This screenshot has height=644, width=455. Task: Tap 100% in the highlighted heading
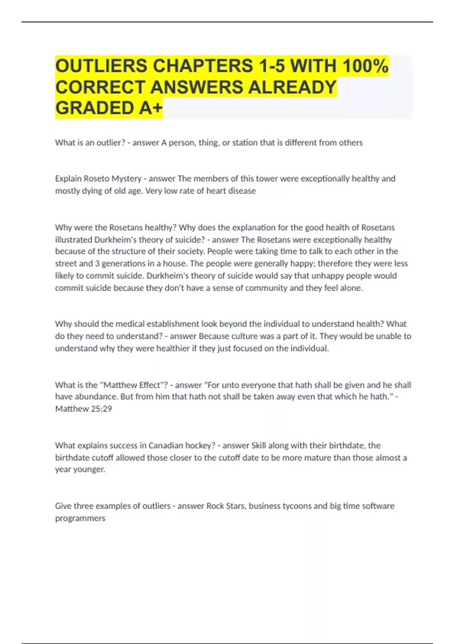(x=365, y=66)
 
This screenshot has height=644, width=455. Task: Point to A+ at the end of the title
(x=151, y=108)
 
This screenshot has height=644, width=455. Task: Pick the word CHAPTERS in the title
(x=202, y=66)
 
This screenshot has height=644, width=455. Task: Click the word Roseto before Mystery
(x=96, y=178)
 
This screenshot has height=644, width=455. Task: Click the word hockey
(x=202, y=445)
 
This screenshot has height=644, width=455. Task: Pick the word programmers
(x=80, y=518)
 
